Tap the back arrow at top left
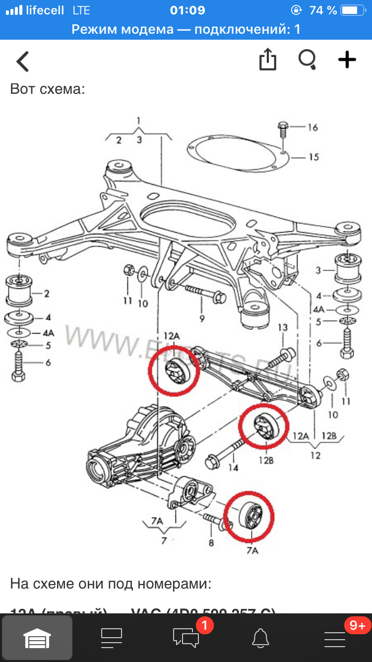[23, 62]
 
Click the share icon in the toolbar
[267, 60]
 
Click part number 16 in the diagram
[312, 128]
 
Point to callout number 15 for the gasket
[313, 157]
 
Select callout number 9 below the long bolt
[202, 319]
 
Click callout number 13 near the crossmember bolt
[282, 328]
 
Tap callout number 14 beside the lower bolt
[233, 467]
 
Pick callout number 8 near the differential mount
[211, 543]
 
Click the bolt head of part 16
[283, 126]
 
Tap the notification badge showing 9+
[357, 626]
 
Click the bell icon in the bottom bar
[260, 637]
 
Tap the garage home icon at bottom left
[37, 637]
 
